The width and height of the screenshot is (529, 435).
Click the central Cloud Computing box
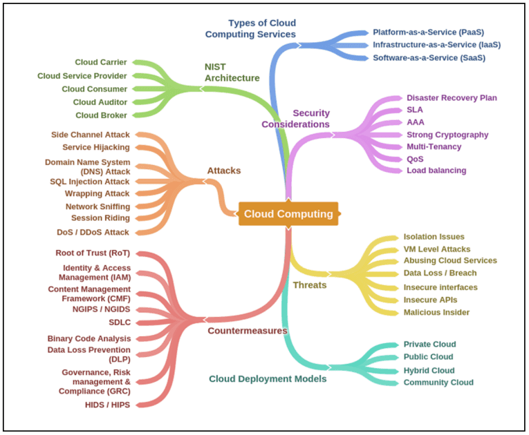[x=288, y=214]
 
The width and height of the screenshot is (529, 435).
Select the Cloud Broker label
[x=101, y=115]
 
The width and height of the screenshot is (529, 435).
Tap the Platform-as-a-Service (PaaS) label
[x=428, y=32]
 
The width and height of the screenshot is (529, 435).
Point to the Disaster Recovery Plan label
[x=452, y=98]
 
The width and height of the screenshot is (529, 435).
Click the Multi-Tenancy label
[x=434, y=146]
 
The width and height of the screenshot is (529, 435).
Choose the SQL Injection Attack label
[x=90, y=182]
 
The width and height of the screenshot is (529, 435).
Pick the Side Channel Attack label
[x=91, y=135]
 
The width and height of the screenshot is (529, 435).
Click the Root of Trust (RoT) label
[x=93, y=253]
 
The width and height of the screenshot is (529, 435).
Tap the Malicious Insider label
[x=436, y=312]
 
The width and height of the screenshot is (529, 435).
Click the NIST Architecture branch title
[x=232, y=72]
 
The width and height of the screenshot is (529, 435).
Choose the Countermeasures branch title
[x=247, y=331]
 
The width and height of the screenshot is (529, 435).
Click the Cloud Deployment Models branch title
[x=268, y=378]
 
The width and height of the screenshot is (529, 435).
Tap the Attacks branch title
[x=223, y=170]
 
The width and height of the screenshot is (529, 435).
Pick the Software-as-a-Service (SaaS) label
[x=429, y=58]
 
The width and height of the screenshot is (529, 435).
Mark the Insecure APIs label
[x=430, y=300]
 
